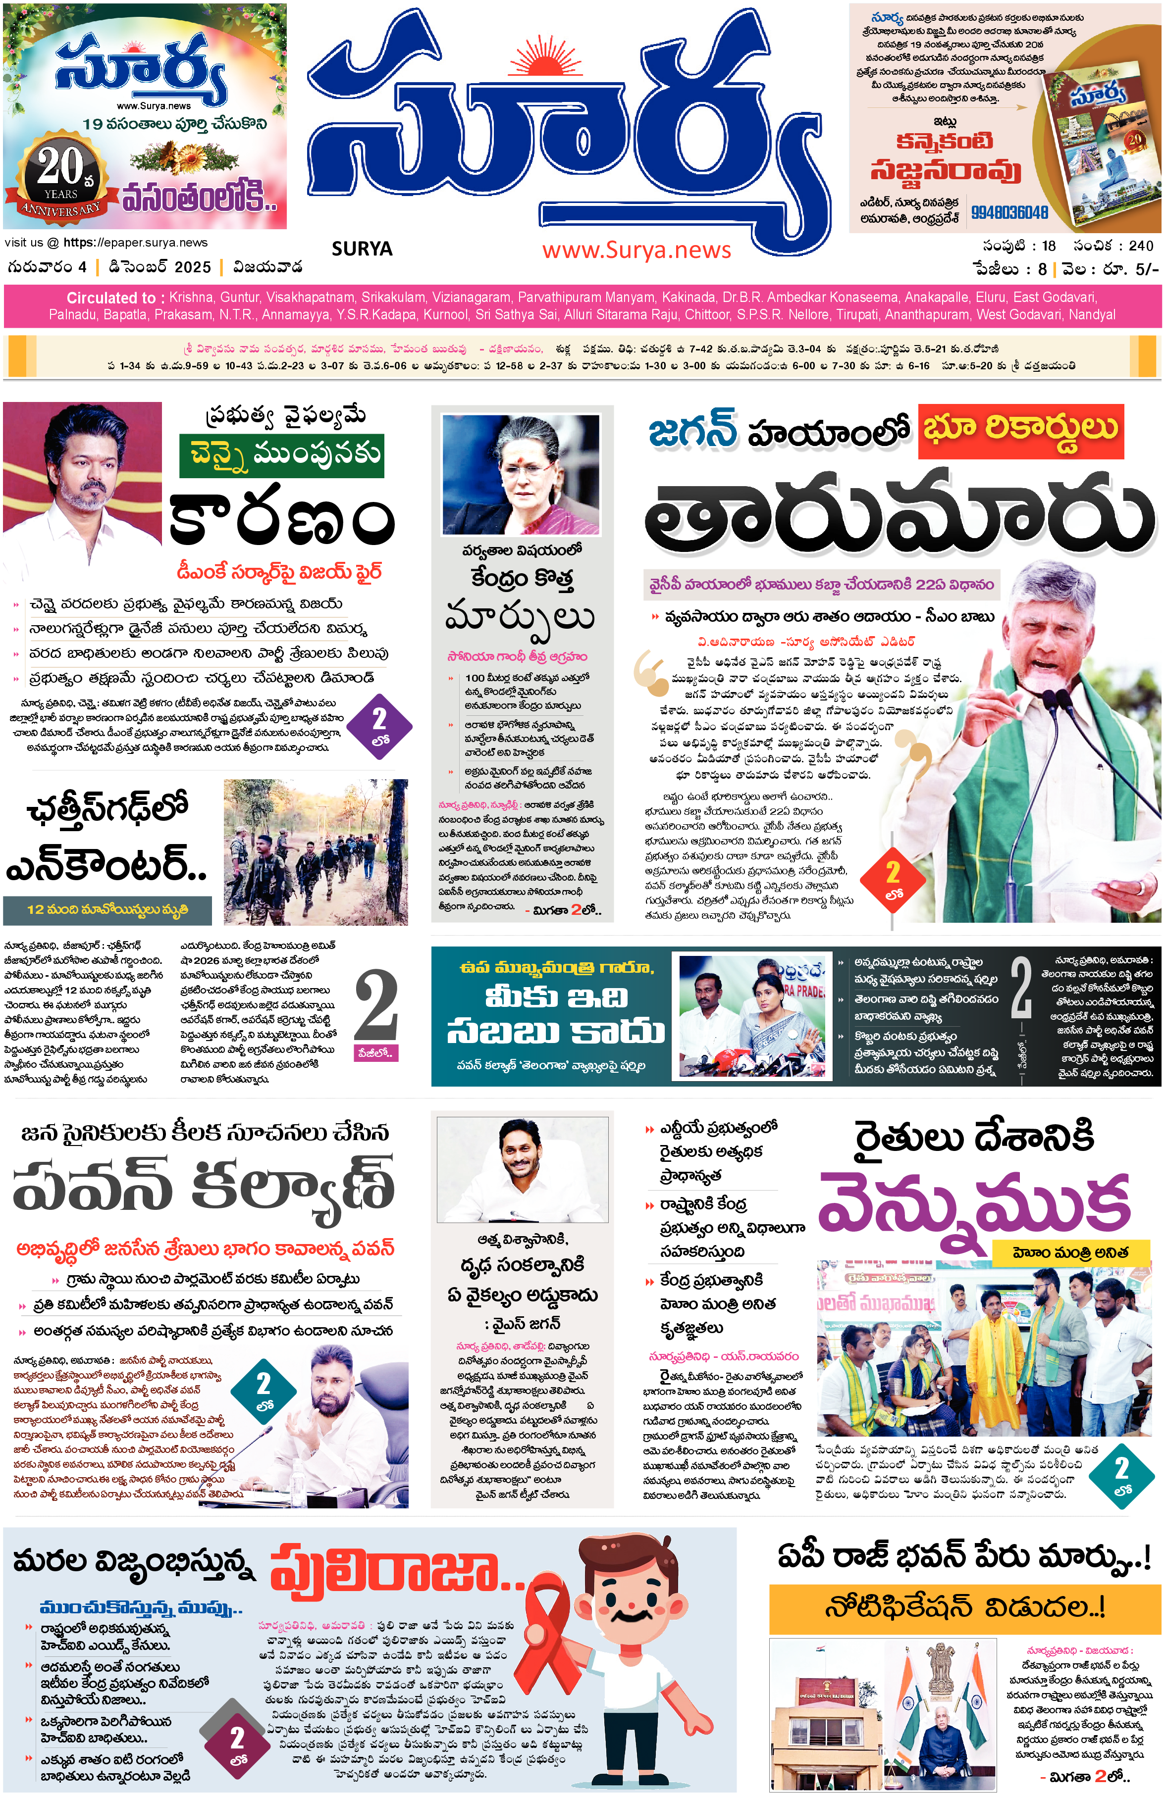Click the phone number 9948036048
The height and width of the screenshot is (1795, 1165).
pos(1009,213)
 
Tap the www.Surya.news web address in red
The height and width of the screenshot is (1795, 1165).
pos(636,250)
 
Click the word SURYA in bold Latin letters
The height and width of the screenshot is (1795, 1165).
pos(362,249)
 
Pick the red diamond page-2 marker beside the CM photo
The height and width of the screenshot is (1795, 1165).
pos(893,879)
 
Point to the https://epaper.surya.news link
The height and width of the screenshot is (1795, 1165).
pos(135,243)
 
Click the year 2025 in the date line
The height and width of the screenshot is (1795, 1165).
pos(192,267)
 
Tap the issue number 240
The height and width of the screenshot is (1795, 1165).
pos(1140,246)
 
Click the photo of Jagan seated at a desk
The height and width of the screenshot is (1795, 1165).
pos(522,1169)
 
